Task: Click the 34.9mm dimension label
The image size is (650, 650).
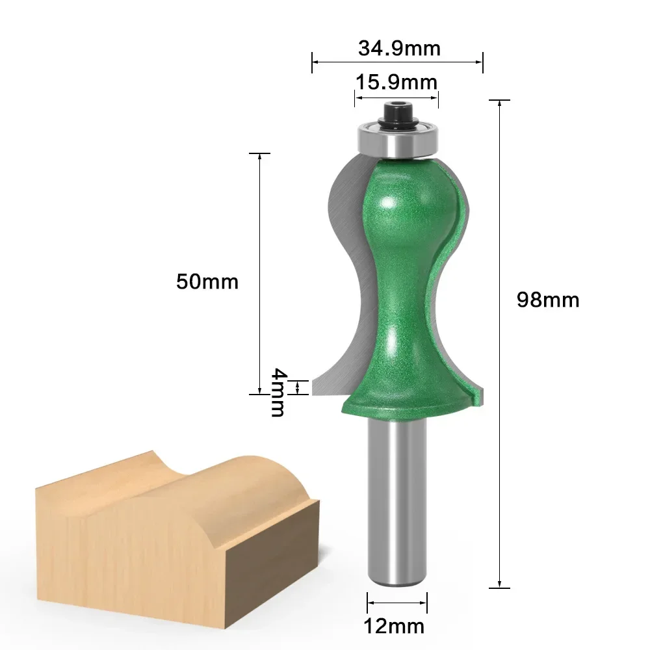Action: coord(398,48)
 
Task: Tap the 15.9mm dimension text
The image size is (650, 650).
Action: coord(396,82)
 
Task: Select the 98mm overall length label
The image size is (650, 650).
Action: coord(547,300)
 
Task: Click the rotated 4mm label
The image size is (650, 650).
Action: coord(278,392)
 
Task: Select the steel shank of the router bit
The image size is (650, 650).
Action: coord(396,500)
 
